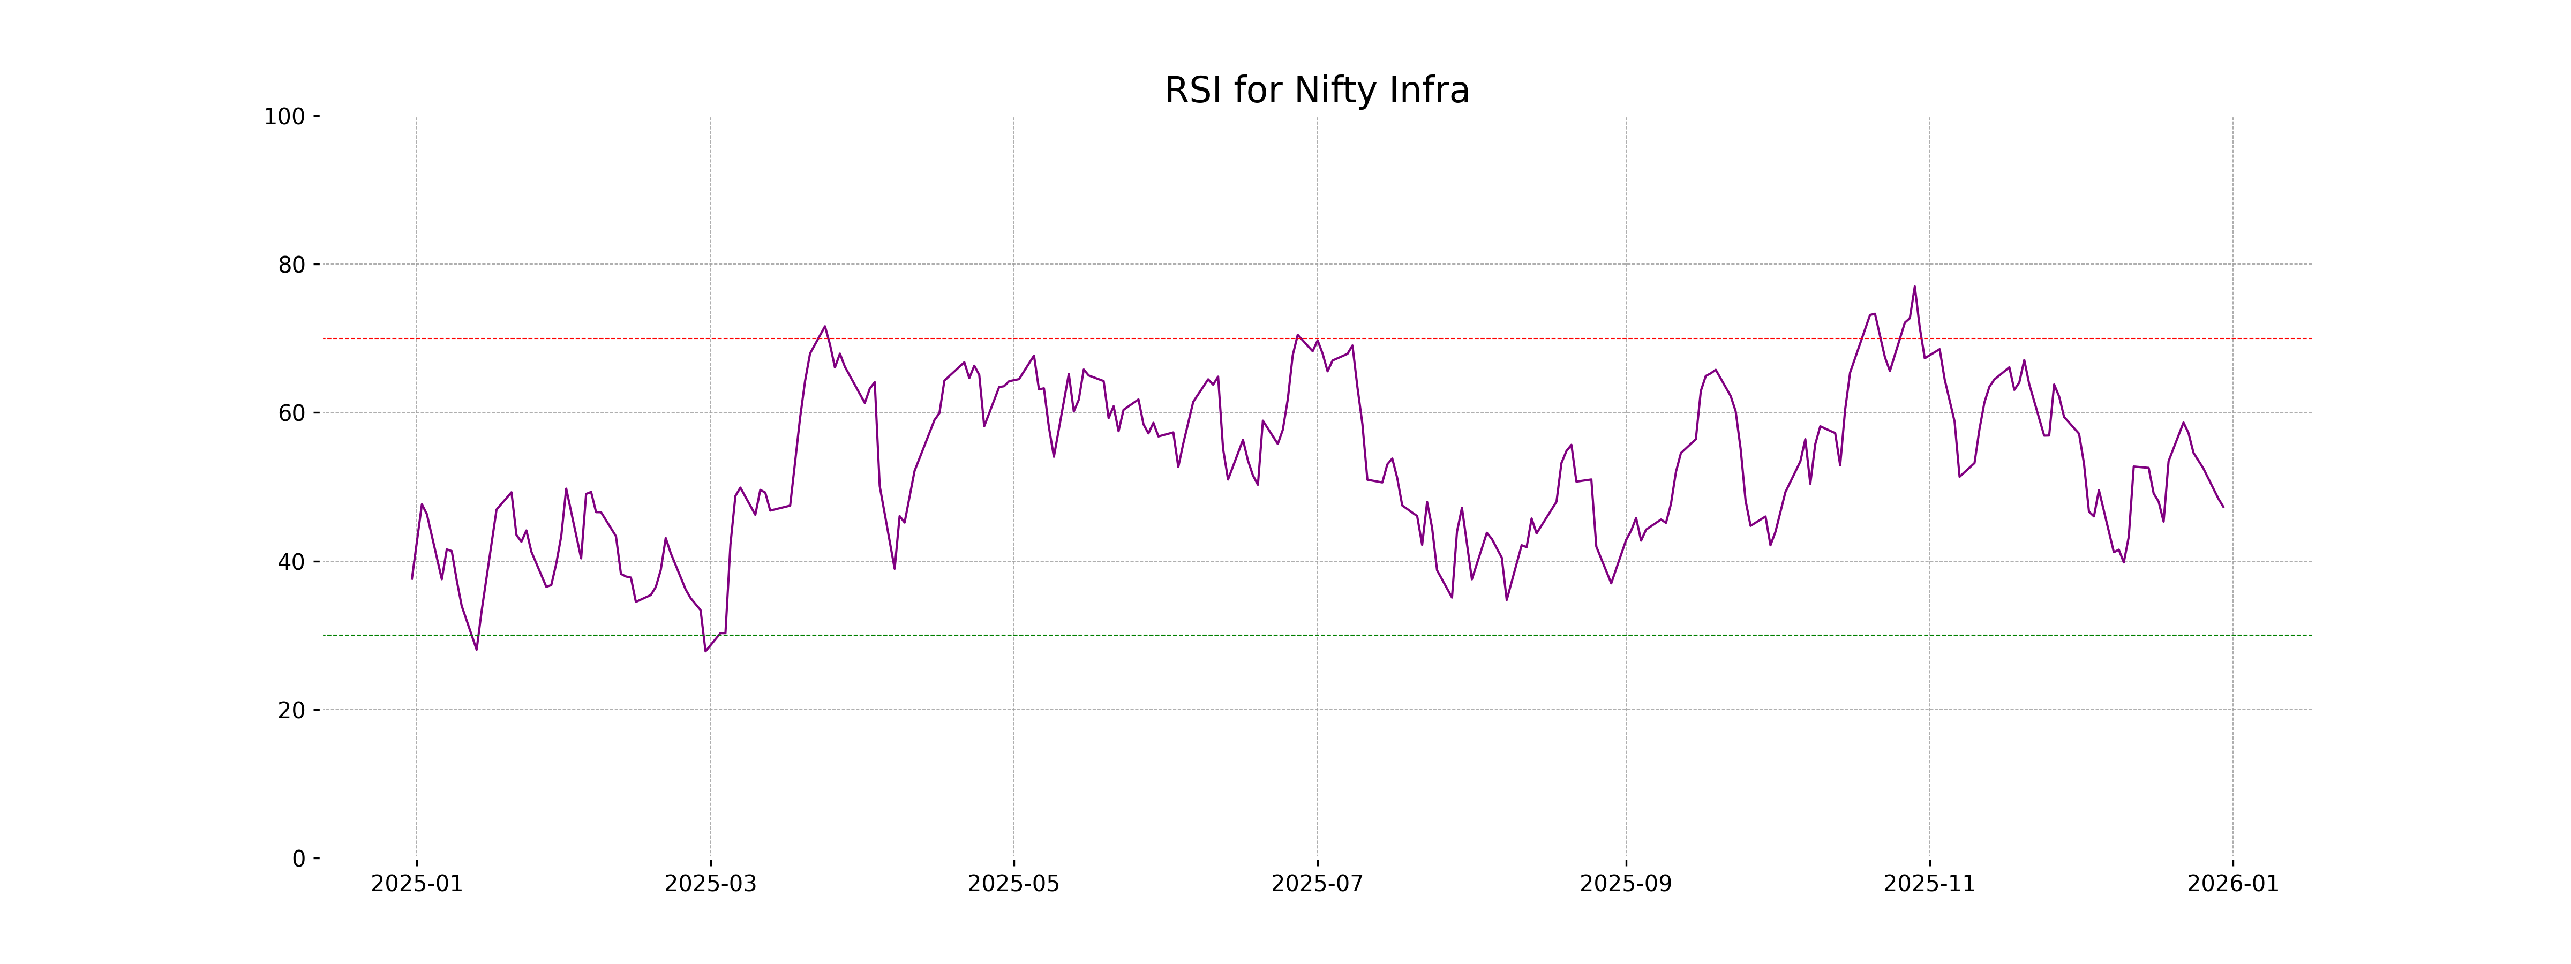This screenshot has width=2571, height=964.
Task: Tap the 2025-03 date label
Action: click(x=711, y=884)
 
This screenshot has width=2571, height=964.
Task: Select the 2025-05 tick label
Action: click(x=1014, y=884)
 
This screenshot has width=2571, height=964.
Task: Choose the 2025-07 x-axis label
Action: click(x=1318, y=884)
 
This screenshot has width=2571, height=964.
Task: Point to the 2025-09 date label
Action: click(x=1626, y=884)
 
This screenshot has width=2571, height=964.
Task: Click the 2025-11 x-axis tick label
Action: click(x=1929, y=884)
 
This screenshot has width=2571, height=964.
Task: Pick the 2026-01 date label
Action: click(x=2232, y=884)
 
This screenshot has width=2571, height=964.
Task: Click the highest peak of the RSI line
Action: click(x=1914, y=288)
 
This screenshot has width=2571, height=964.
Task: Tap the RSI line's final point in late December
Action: click(x=2223, y=507)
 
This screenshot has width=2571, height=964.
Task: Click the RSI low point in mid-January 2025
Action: click(x=476, y=650)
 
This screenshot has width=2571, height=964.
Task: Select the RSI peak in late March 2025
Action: click(x=824, y=326)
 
